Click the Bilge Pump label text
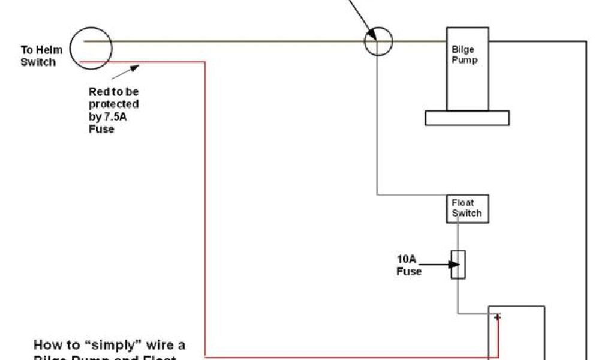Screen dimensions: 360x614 point(465,55)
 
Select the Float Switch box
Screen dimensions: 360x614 point(467,208)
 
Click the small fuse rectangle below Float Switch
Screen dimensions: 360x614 point(459,265)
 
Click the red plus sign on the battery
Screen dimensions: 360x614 point(497,317)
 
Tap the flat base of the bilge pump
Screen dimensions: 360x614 point(467,118)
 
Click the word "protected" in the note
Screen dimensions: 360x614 point(114,104)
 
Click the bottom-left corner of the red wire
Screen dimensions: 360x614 point(206,355)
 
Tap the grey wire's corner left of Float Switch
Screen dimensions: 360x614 point(377,194)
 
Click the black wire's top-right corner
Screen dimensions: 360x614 point(585,42)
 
